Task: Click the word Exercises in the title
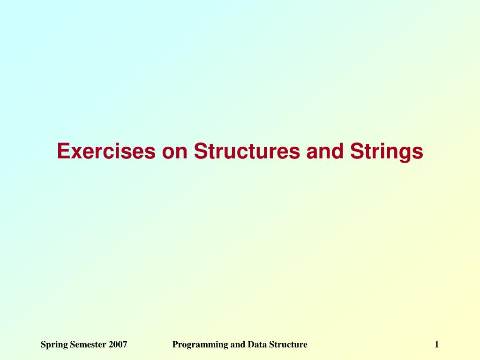click(x=106, y=151)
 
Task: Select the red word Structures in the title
click(x=247, y=151)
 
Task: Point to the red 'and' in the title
click(x=324, y=151)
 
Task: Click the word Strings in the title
click(x=387, y=152)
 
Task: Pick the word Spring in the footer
click(x=54, y=345)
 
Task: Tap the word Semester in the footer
click(x=88, y=345)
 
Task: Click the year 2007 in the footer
click(x=118, y=345)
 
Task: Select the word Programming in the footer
click(x=200, y=345)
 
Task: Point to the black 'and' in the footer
click(x=238, y=345)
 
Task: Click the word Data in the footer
click(x=257, y=345)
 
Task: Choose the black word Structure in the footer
click(x=288, y=345)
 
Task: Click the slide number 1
click(x=437, y=345)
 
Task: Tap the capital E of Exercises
click(x=63, y=151)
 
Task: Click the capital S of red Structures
click(x=201, y=151)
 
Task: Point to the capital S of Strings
click(x=357, y=151)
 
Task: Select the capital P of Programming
click(x=175, y=345)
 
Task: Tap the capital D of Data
click(x=251, y=345)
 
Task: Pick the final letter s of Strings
click(x=418, y=153)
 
